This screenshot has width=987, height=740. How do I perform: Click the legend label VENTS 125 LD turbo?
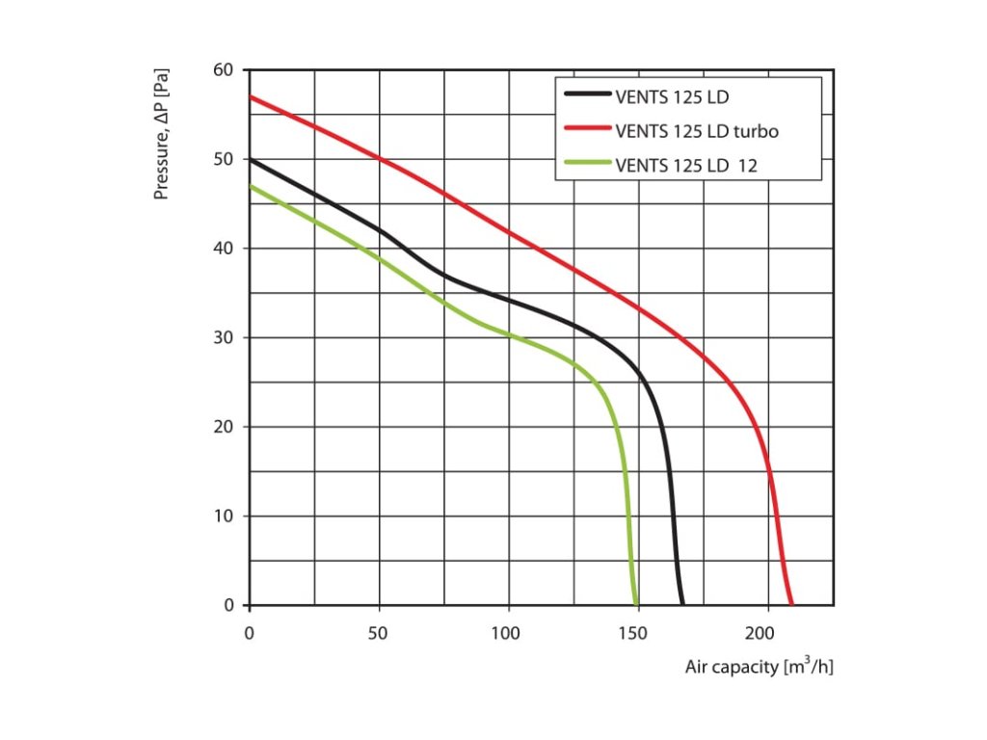690,130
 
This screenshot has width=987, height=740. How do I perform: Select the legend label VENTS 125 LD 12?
686,165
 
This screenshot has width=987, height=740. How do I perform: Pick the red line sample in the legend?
587,130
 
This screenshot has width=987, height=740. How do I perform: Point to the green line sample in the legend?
587,165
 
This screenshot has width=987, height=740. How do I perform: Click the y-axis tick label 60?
224,70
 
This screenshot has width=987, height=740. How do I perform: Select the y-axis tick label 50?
224,159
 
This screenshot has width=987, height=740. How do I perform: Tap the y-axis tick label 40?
224,249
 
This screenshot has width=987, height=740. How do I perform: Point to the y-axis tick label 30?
224,338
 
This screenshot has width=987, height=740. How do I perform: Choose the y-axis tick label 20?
224,427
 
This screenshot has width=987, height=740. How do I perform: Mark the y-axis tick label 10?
224,516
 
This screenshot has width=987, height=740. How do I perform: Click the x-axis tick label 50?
379,633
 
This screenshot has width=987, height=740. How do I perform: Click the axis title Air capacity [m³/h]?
759,667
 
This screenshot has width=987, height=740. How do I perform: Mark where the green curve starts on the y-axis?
250,186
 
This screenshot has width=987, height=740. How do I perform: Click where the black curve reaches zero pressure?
682,605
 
